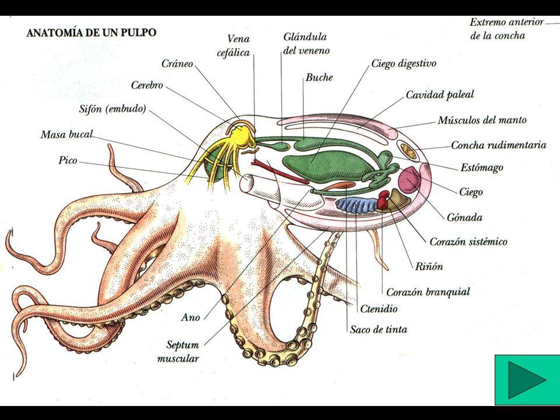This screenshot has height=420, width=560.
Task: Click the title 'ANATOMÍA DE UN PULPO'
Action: click(92, 32)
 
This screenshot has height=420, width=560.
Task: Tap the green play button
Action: click(527, 380)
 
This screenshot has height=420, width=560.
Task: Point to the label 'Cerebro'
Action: click(146, 85)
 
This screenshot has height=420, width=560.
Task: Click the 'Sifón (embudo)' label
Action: click(112, 109)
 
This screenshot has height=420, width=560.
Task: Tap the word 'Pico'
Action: click(68, 159)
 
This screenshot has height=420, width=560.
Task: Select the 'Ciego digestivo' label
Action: click(404, 63)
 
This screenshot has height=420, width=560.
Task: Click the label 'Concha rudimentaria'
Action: click(498, 145)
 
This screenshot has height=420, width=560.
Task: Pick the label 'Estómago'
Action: click(481, 167)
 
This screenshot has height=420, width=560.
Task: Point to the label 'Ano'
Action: click(190, 317)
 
